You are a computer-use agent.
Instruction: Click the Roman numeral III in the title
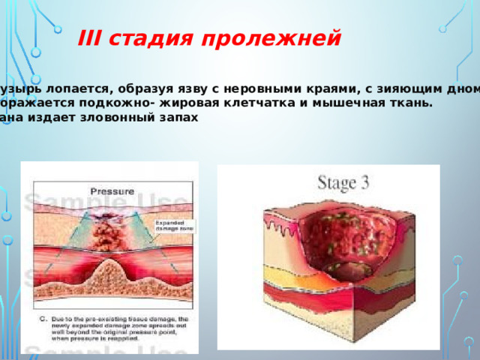click(91, 38)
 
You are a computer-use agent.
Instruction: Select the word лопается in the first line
click(72, 89)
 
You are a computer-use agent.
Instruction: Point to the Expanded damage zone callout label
click(173, 226)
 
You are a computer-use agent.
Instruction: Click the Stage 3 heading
click(347, 183)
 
